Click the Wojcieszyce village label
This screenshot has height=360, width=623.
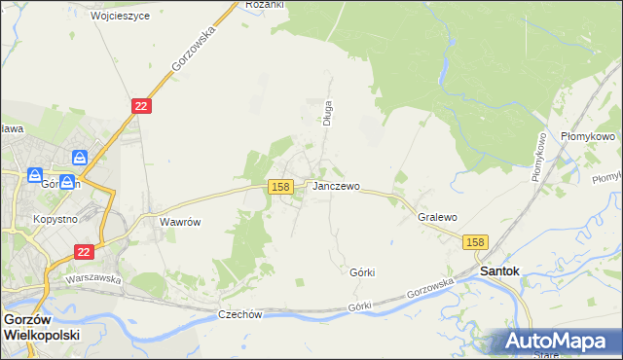pos(120,17)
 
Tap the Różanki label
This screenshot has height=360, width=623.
pos(264,5)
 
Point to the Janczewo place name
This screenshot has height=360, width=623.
pos(336,186)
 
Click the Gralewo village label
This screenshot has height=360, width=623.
pos(437,218)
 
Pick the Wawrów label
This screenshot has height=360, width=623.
pos(180,222)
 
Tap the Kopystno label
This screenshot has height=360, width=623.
pos(55,220)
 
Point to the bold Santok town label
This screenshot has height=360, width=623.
pos(499,271)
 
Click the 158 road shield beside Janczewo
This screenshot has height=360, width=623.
pos(280,186)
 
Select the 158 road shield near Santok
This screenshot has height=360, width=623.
pos(475,242)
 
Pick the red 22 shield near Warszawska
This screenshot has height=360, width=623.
pos(85,251)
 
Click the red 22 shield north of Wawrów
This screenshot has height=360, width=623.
pos(141,105)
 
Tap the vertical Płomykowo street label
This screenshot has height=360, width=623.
pos(536,156)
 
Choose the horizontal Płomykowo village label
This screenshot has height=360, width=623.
pos(588,137)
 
